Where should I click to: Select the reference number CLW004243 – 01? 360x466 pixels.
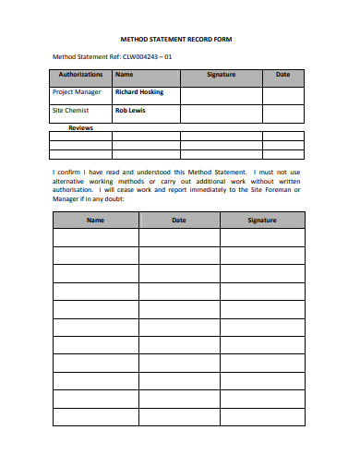tap(146, 57)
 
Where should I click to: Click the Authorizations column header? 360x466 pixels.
tap(80, 75)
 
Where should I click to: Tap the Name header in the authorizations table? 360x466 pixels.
tap(124, 75)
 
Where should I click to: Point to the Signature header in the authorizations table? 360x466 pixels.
tap(221, 75)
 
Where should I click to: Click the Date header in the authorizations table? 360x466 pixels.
tap(282, 75)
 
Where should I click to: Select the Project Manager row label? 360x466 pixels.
tap(78, 92)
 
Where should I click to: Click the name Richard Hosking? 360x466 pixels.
tap(139, 92)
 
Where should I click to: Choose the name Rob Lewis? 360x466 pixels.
tap(129, 111)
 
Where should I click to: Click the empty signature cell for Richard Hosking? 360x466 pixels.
tap(221, 94)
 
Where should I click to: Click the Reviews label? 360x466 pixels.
tap(80, 128)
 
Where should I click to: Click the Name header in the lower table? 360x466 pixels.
tap(95, 221)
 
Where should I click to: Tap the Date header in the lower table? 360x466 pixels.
tap(179, 221)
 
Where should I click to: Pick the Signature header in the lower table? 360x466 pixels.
tap(262, 221)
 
